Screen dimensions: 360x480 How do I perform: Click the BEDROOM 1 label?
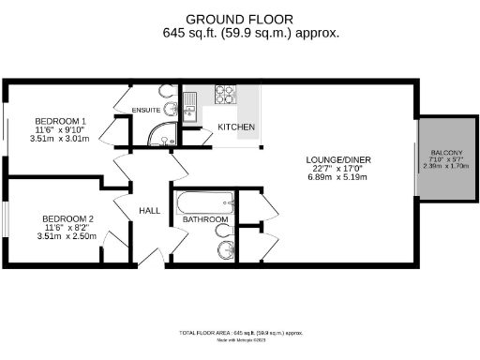click(x=61, y=122)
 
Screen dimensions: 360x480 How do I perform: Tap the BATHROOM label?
click(x=205, y=219)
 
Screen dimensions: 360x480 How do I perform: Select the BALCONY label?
click(x=447, y=153)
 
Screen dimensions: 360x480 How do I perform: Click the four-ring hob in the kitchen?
click(x=226, y=94)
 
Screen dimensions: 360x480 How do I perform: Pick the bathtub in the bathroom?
click(x=203, y=201)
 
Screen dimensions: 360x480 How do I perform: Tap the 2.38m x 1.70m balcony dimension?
click(x=447, y=167)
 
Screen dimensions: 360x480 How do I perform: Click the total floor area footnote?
click(x=241, y=333)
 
